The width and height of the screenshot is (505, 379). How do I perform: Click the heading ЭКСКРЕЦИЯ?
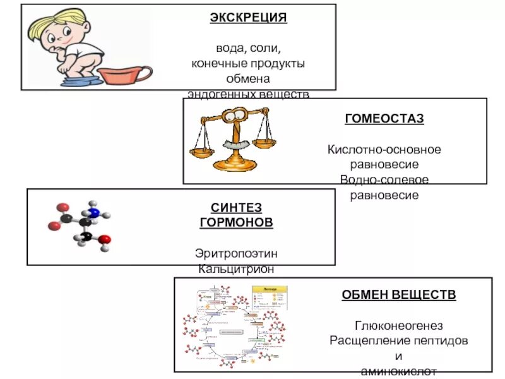tap(248, 18)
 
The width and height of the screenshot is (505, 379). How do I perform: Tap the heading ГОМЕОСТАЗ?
tap(384, 118)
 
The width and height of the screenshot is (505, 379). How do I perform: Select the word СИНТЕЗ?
tap(235, 207)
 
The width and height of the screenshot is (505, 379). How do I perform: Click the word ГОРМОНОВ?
tap(236, 222)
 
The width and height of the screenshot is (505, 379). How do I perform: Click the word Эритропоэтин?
tap(236, 253)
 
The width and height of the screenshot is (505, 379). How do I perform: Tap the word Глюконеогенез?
tap(399, 325)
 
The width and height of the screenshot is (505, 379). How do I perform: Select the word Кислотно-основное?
tap(384, 150)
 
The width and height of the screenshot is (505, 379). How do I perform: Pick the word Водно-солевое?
tap(384, 180)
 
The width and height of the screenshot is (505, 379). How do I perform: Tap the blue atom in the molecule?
tap(94, 213)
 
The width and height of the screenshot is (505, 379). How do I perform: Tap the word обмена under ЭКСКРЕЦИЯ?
tap(248, 79)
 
